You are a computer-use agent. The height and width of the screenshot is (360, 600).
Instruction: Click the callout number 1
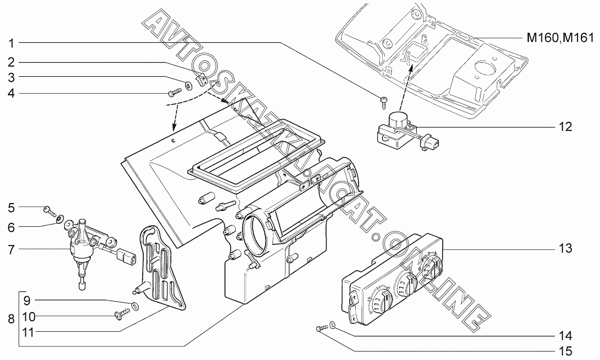coord(11,43)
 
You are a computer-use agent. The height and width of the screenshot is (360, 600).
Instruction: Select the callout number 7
coord(11,250)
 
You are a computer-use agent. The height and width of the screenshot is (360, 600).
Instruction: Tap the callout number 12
coord(565,126)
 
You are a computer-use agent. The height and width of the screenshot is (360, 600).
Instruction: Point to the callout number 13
coord(565,248)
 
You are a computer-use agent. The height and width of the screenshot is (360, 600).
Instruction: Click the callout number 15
coord(565,351)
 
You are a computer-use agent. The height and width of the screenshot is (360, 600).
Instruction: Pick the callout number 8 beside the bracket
coord(11,319)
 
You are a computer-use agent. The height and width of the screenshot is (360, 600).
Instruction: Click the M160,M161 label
coord(560,38)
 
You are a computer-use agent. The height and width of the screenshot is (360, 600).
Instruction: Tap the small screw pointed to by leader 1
coord(383,101)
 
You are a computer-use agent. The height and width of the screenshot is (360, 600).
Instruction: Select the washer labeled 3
coord(189,85)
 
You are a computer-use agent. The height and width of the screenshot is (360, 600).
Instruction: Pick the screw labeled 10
coord(122,315)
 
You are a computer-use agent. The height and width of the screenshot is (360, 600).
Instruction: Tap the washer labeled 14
coord(333,326)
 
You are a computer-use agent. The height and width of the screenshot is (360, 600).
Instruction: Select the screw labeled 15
coord(321,328)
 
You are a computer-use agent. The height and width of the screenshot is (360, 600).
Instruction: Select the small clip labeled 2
coord(201,80)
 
